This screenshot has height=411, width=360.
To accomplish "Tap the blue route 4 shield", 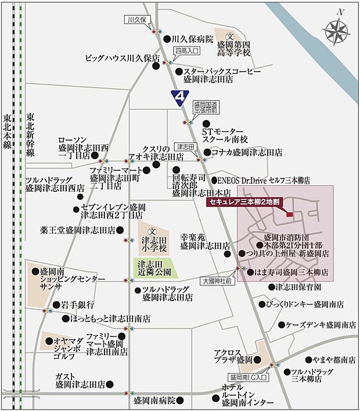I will click(181, 95).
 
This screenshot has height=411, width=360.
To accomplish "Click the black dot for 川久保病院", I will click(167, 39).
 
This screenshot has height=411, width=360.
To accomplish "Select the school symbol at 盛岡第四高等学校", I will click(229, 35).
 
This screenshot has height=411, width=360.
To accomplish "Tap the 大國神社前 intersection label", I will click(218, 281).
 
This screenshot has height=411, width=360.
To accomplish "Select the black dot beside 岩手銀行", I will click(56, 305).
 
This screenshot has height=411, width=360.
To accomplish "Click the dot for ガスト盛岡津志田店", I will click(110, 384).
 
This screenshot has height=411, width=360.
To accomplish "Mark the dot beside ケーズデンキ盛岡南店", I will click(280, 325).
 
